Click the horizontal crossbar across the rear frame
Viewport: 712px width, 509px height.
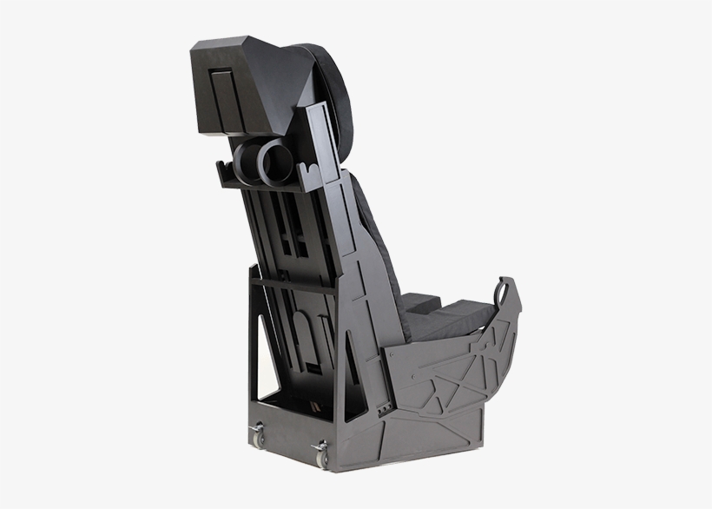295,283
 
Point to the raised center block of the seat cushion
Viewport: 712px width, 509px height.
423,301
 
